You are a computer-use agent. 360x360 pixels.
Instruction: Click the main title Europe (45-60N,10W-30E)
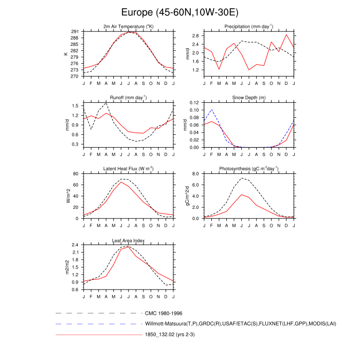tap(180, 11)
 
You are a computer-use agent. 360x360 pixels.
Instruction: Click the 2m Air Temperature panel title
tap(129, 26)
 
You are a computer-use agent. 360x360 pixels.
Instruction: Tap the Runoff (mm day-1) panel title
tap(129, 97)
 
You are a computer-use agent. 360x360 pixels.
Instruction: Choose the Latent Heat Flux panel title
tap(129, 169)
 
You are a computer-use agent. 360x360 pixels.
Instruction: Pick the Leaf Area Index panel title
tap(129, 240)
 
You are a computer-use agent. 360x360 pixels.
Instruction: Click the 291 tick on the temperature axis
tap(75, 32)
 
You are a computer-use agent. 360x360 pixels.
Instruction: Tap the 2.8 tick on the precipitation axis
tap(196, 35)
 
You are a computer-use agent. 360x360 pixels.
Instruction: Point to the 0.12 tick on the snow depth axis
tap(195, 103)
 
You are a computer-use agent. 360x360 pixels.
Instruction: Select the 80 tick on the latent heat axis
tap(76, 174)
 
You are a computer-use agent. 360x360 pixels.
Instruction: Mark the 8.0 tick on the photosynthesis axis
tap(196, 174)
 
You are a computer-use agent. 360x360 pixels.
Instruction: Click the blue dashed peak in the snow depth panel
tap(211, 110)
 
